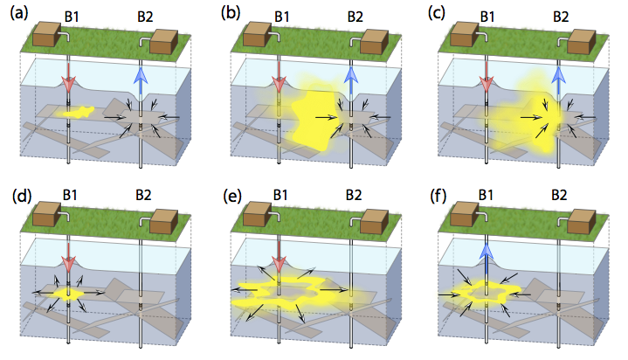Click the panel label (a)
(19, 14)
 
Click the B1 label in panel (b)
(282, 17)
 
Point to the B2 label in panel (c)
(561, 17)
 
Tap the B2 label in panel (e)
(354, 195)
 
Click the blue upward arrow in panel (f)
(486, 258)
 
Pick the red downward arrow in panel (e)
(279, 258)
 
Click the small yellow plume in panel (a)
(79, 112)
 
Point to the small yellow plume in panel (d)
(68, 294)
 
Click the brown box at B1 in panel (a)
(46, 34)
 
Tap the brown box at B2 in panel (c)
(582, 42)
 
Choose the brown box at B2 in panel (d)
(163, 221)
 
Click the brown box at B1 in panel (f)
(465, 213)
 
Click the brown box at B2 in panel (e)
(374, 221)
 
